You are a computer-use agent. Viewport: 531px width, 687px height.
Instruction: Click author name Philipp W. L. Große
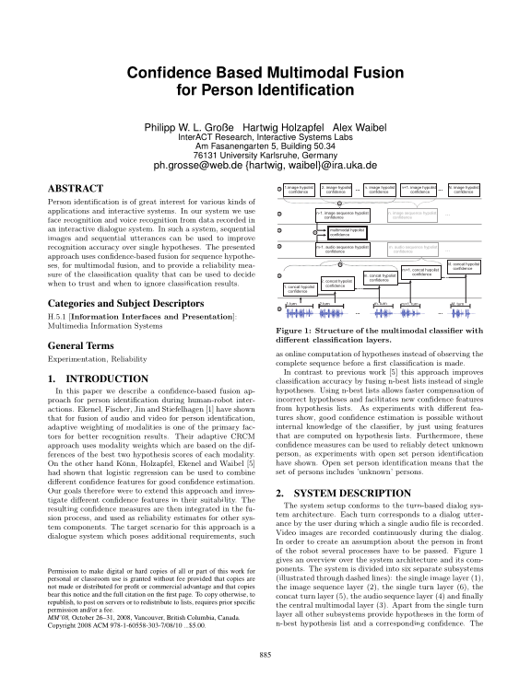187,125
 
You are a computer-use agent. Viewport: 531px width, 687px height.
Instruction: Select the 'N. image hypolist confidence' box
464,189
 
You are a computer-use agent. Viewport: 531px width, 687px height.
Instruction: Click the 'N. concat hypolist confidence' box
465,264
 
